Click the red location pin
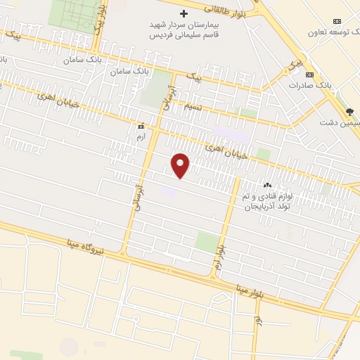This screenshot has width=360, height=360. click(x=181, y=165)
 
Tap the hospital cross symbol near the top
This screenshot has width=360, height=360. click(x=184, y=14)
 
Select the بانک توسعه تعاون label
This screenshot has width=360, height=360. click(x=337, y=32)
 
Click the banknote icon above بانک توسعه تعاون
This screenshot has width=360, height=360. click(x=337, y=21)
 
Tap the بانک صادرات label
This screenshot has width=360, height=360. click(x=309, y=85)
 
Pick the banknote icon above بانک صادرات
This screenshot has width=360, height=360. click(x=309, y=75)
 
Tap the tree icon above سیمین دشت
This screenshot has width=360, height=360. click(x=349, y=112)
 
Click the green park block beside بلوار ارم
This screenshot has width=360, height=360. click(x=206, y=242)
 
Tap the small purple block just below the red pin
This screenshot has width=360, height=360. click(x=169, y=191)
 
